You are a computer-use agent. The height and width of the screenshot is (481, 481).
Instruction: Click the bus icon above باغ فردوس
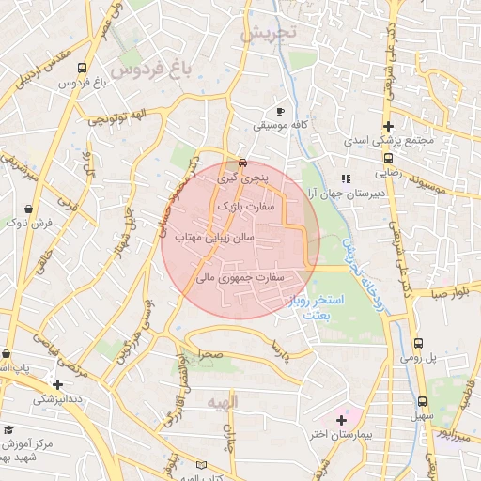coord(82,69)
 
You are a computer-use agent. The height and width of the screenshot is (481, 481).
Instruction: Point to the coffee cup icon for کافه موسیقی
coord(280,110)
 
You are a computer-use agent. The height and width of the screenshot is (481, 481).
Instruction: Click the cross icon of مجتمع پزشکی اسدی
coord(387,127)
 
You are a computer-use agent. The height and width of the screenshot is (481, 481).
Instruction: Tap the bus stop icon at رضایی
coord(387,158)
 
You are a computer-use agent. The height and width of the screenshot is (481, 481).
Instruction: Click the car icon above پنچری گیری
coord(243,161)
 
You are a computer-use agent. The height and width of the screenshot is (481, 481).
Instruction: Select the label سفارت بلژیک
coord(249,203)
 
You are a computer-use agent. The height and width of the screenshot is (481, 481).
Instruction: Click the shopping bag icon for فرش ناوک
coord(29,209)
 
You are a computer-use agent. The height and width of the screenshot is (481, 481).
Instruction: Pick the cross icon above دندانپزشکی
coord(58,384)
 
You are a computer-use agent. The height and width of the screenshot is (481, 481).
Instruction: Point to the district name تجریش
coord(267,34)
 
